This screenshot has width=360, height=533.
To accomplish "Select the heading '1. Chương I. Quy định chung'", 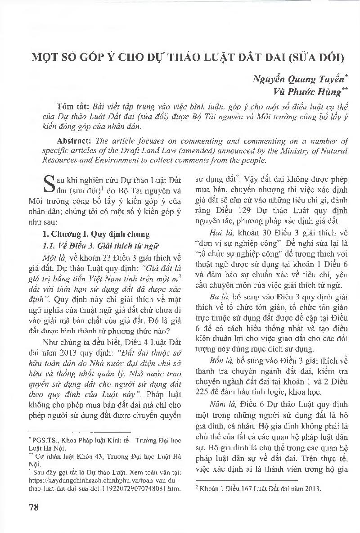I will (96, 234).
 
